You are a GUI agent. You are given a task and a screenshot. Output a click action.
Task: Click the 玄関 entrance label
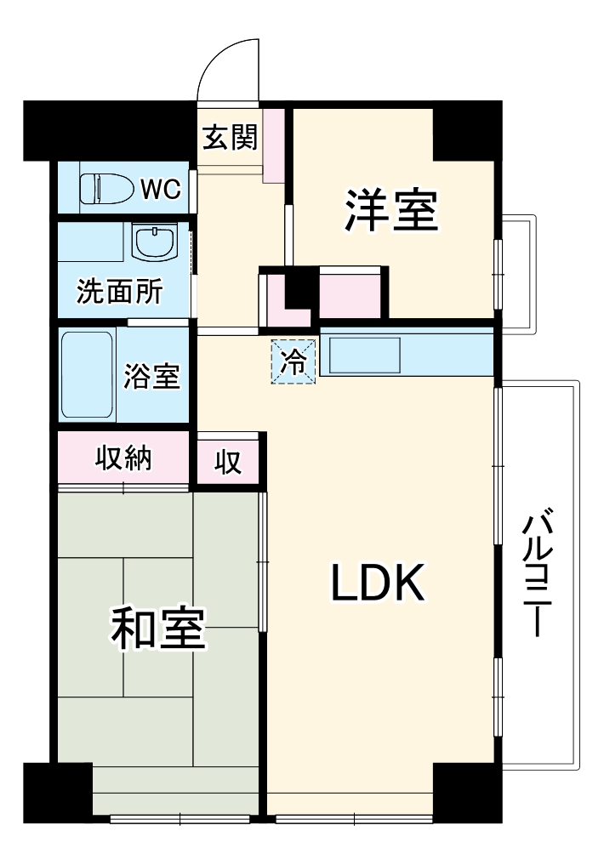(x=230, y=137)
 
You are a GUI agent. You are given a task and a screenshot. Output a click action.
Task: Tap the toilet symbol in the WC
(x=107, y=189)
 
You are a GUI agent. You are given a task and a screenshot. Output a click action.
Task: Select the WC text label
(x=161, y=189)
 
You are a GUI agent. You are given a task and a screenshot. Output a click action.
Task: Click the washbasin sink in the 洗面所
(x=155, y=242)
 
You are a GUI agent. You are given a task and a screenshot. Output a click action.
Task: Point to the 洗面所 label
(x=120, y=291)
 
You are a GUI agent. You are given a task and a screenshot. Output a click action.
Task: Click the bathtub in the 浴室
(x=87, y=374)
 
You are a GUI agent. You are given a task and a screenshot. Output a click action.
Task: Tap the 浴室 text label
(x=151, y=376)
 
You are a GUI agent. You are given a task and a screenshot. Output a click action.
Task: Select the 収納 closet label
(x=123, y=458)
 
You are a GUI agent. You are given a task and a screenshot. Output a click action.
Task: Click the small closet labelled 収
(x=227, y=461)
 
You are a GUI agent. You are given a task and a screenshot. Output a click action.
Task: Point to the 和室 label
(x=157, y=629)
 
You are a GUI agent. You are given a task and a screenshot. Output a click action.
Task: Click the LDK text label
(x=378, y=583)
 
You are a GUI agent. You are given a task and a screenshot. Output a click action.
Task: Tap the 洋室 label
(x=391, y=210)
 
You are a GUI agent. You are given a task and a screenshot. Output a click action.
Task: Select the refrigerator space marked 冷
(x=293, y=361)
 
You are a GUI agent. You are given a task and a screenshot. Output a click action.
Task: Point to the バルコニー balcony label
(x=538, y=574)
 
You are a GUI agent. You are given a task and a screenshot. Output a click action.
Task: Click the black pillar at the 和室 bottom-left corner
(x=57, y=793)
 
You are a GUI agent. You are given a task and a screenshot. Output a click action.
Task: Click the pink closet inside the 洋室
(x=350, y=292)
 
